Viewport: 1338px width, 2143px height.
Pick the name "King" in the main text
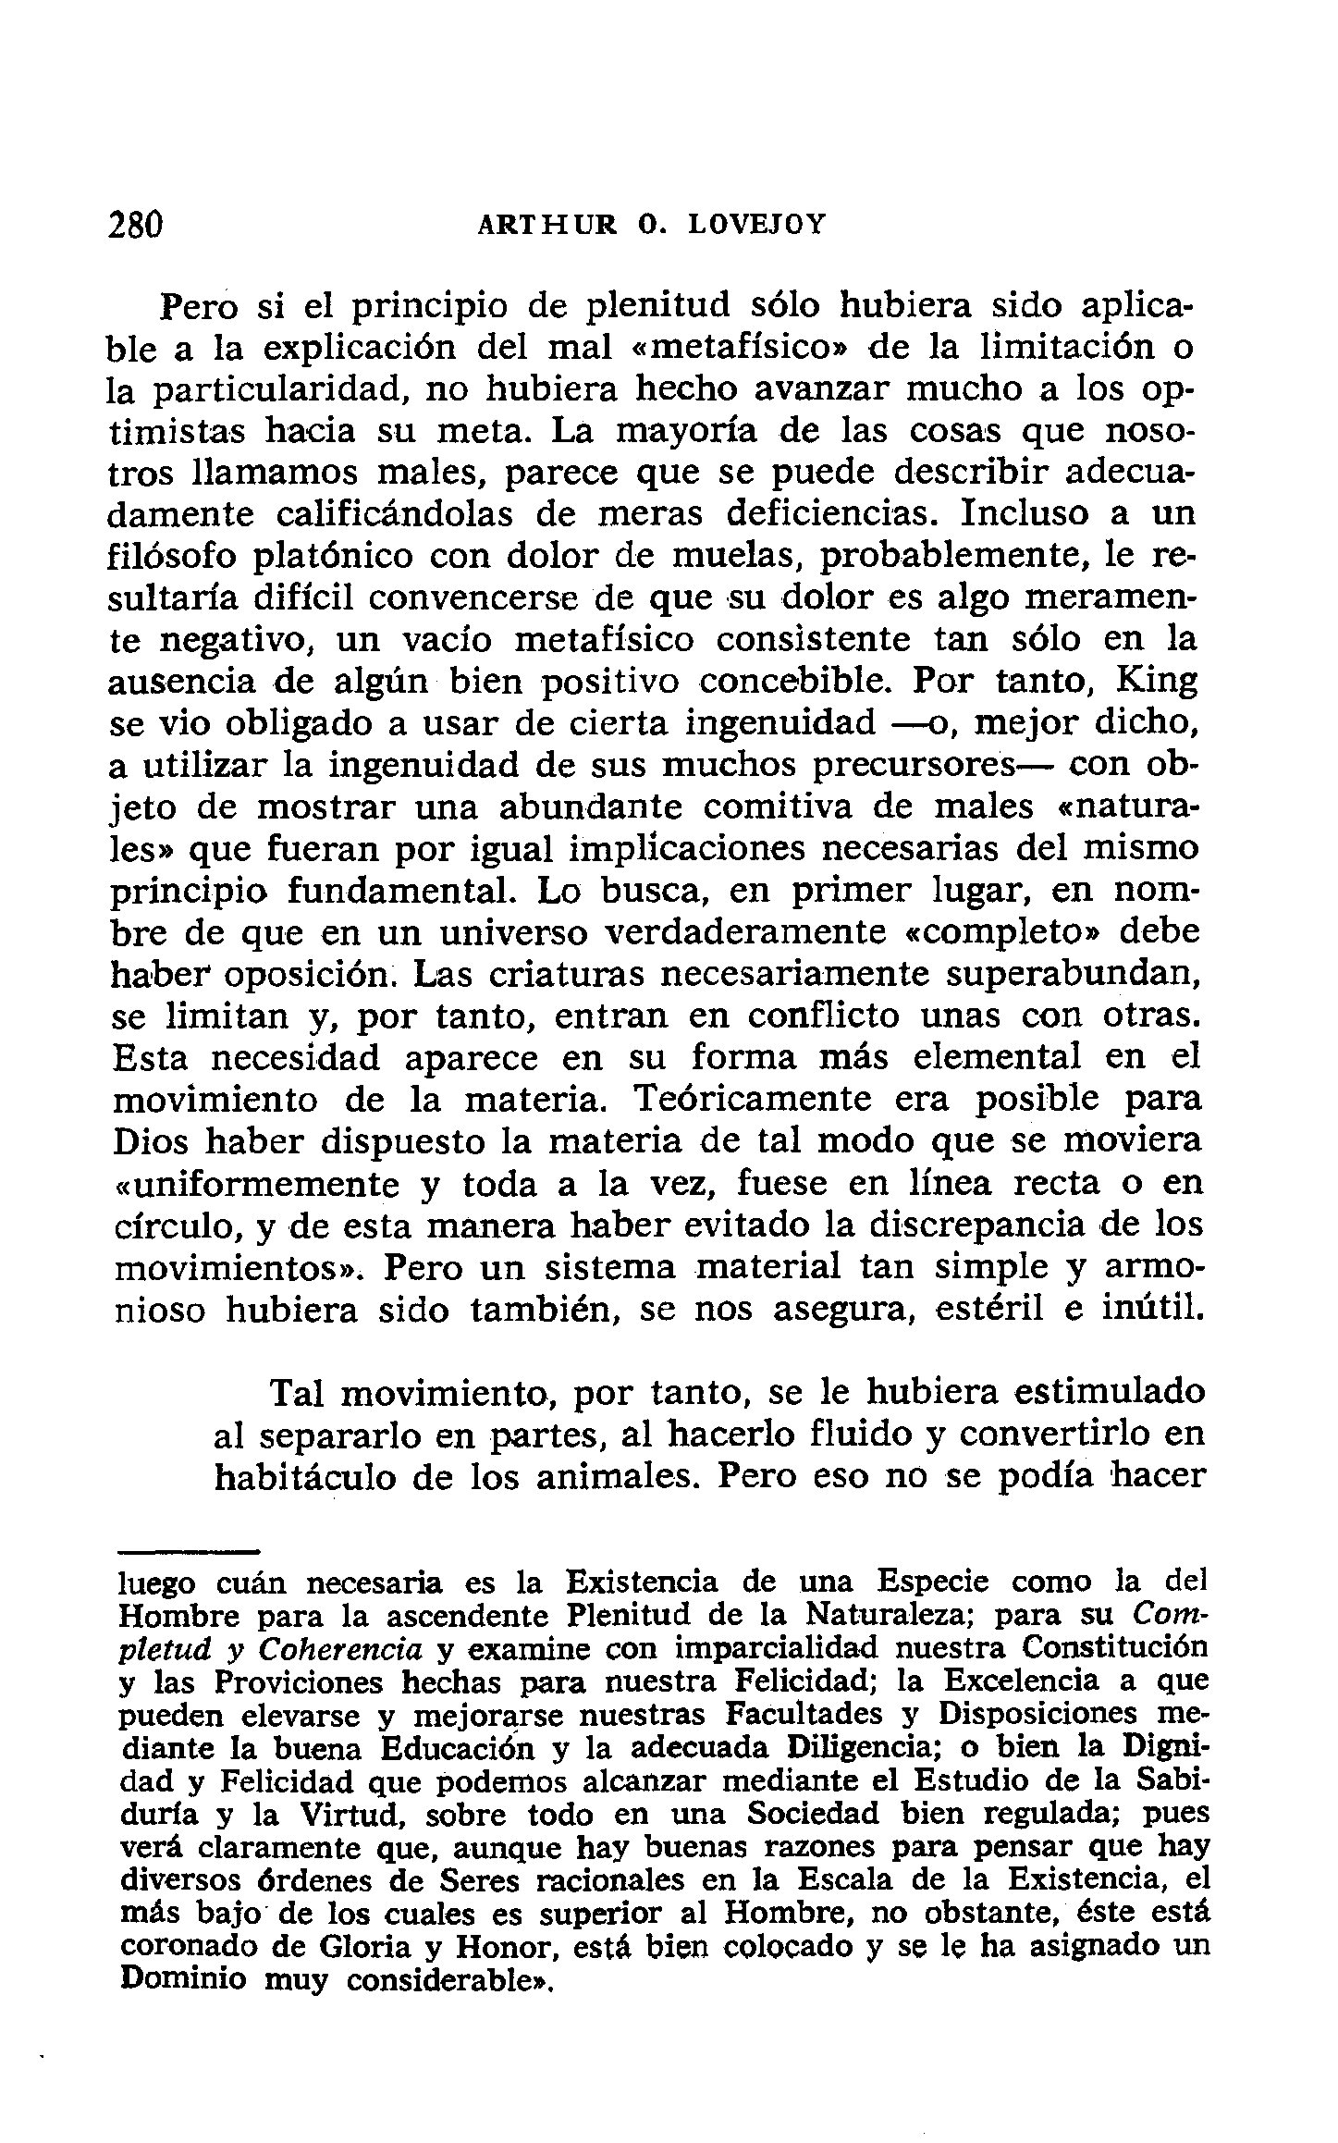coord(1157,682)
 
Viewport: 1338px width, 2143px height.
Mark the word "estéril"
coord(991,1311)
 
